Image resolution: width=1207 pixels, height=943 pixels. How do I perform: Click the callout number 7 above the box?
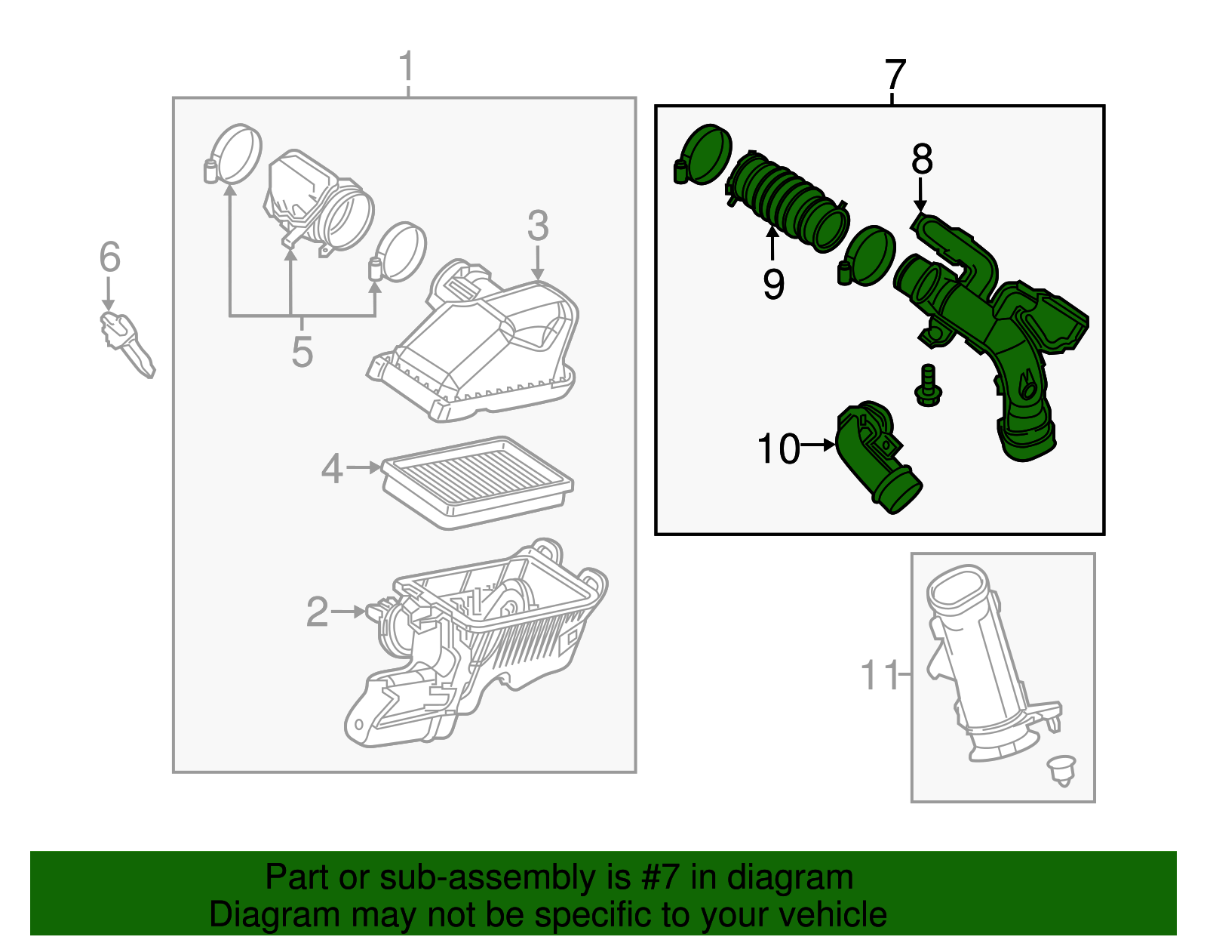click(x=895, y=76)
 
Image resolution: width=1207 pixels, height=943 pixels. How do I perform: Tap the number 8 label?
click(x=922, y=160)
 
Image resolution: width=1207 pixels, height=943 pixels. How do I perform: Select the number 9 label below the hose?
click(x=773, y=285)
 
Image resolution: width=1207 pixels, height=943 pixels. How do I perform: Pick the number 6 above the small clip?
click(x=110, y=258)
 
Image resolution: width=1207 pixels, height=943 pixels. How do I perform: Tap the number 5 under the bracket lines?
click(x=302, y=353)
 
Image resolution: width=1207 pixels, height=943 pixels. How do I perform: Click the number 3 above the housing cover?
click(x=538, y=226)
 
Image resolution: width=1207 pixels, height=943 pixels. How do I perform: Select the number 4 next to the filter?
click(x=332, y=469)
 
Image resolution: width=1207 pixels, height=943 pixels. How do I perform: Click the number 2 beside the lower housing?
click(x=318, y=612)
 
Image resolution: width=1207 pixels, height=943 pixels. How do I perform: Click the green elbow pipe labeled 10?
click(x=875, y=461)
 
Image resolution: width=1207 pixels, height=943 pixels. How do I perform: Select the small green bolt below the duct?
click(x=928, y=385)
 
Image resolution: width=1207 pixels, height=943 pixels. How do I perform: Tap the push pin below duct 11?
click(x=1062, y=769)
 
